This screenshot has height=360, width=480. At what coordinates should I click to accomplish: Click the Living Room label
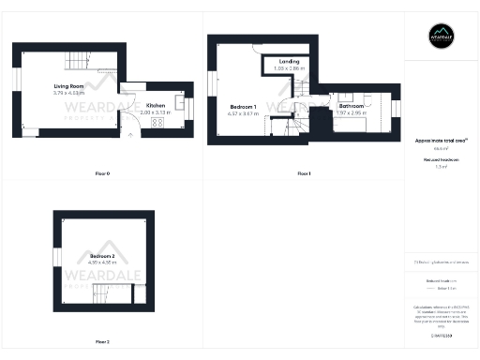69,87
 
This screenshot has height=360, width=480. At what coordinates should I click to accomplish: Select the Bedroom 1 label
244,107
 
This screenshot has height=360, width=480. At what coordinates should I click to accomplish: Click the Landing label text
289,62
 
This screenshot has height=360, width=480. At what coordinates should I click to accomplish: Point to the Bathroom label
352,107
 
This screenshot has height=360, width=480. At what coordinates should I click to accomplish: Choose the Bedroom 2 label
103,256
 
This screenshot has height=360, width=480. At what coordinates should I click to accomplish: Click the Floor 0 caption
102,174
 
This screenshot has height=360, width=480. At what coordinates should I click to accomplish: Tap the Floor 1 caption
303,174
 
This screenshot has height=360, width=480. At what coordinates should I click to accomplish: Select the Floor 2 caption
102,341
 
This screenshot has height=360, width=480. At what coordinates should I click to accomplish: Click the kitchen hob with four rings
157,122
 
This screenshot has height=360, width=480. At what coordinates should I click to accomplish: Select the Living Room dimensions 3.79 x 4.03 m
69,94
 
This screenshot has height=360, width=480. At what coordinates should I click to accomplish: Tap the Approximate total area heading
441,141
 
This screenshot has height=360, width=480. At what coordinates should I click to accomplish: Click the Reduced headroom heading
441,160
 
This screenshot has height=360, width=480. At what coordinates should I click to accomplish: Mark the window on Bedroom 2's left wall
55,256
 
